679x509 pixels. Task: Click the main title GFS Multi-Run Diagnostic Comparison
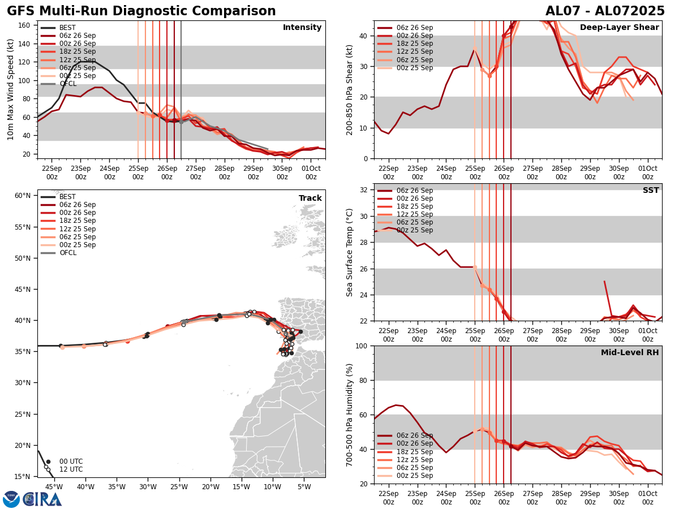141,11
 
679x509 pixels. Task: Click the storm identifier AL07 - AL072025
605,11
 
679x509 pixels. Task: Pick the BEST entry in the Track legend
67,197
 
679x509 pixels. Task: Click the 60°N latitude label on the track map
22,196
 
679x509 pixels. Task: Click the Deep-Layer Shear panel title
619,28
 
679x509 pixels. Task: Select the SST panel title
650,190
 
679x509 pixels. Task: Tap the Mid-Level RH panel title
630,353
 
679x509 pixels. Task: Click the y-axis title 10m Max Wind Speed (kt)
11,89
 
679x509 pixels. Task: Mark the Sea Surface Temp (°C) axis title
350,252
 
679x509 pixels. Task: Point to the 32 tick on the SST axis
364,190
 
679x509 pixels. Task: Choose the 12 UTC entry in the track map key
71,469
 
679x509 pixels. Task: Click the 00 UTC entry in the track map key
71,461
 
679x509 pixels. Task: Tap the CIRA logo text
42,499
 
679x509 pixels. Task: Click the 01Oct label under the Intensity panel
311,169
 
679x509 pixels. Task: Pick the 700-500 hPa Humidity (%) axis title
350,415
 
